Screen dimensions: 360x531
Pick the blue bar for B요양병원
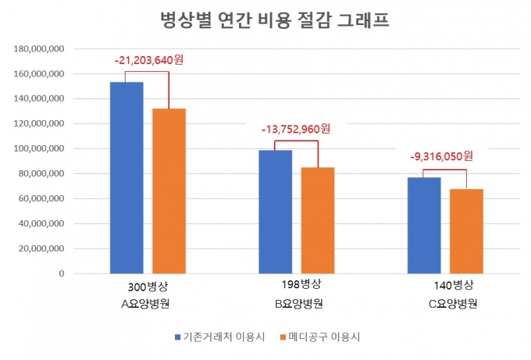point(276,212)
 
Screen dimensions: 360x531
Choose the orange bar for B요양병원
point(318,220)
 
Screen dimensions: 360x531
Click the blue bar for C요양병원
point(424,226)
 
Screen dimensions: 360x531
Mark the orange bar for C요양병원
point(466,231)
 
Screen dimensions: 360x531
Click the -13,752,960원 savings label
point(298,129)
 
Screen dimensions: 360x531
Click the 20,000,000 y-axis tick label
point(41,249)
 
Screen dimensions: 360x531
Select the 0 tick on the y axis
point(60,274)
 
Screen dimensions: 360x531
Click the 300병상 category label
point(148,286)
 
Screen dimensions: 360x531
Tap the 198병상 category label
point(297,283)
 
